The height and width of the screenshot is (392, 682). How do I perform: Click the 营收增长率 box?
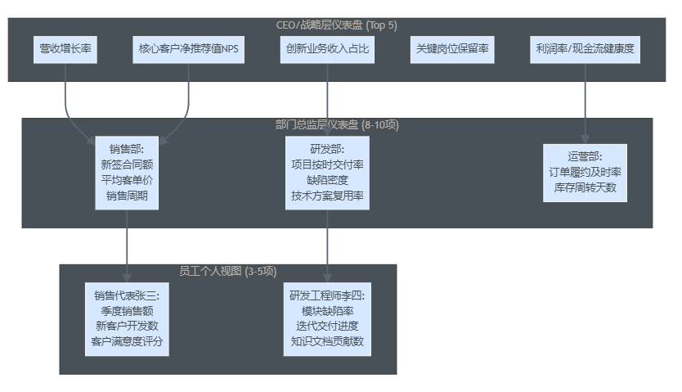tap(66, 50)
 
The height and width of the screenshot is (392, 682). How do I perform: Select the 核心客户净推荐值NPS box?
tap(189, 50)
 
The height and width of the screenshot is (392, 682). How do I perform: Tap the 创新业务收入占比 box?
tap(327, 50)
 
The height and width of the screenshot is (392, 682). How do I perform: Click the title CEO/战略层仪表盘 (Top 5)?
tap(337, 25)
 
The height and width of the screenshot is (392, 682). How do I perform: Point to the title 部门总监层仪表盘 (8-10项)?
tap(337, 125)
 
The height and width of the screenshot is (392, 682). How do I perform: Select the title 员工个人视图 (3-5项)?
tap(228, 271)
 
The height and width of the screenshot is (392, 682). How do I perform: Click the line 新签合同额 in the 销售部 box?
tap(128, 164)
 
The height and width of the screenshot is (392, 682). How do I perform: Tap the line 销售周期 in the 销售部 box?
tap(128, 196)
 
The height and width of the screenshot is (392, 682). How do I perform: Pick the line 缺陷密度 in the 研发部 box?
tap(327, 180)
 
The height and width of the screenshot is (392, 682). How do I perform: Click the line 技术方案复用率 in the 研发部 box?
tap(327, 196)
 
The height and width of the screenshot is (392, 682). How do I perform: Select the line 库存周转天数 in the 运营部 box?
tap(586, 187)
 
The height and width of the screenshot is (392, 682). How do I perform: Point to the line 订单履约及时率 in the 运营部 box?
tap(586, 172)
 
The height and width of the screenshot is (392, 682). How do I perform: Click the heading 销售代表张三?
tap(128, 295)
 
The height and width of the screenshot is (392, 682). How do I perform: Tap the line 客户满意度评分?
tap(128, 341)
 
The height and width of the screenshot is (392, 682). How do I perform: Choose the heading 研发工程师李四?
tap(327, 295)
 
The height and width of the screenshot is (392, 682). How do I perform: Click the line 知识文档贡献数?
tap(327, 341)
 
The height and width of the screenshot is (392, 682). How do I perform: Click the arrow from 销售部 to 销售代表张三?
tap(128, 246)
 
